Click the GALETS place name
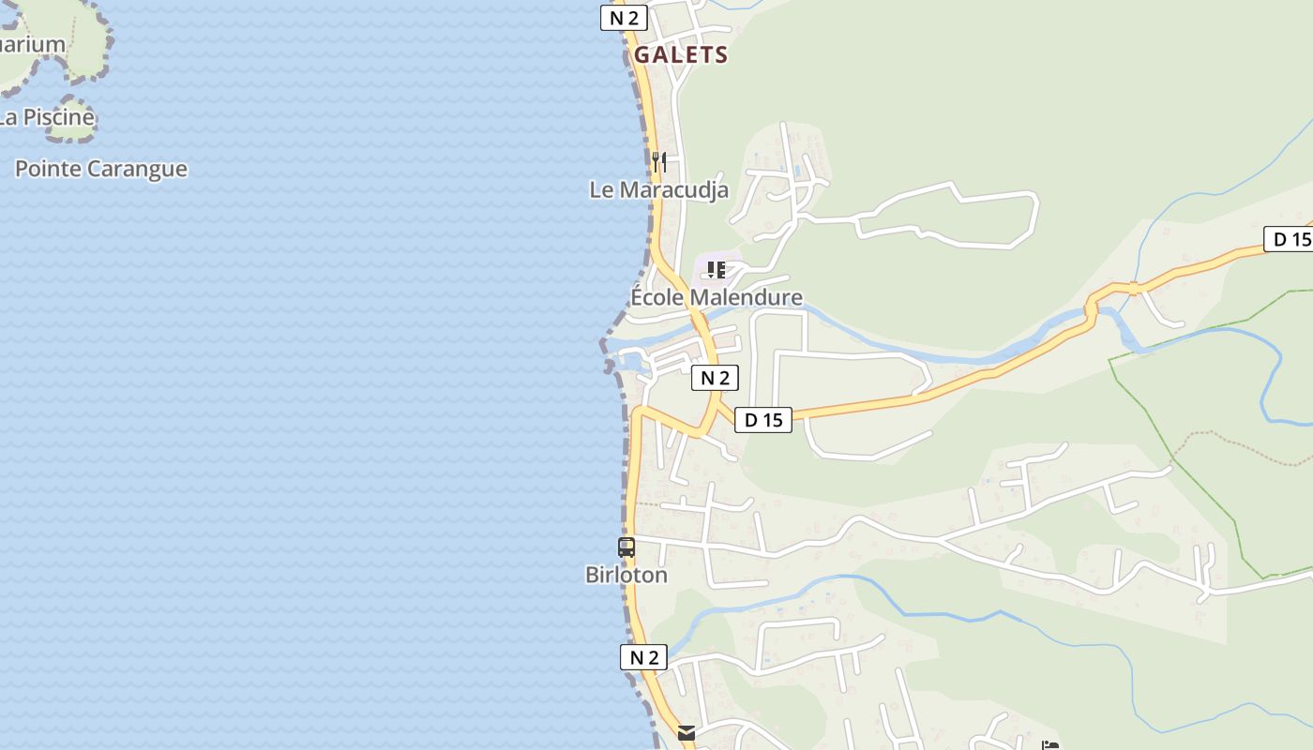[681, 54]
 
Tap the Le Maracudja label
[658, 189]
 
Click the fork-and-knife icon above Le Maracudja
[659, 161]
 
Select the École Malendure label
[717, 297]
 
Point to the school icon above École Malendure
[717, 270]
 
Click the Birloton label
[626, 575]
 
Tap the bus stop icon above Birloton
[626, 547]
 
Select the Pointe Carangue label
[101, 169]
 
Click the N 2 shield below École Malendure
[715, 378]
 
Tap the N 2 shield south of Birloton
[643, 657]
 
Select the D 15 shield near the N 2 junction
[762, 420]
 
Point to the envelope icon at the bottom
[687, 733]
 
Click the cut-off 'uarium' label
[33, 44]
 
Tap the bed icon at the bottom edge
[1050, 745]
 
